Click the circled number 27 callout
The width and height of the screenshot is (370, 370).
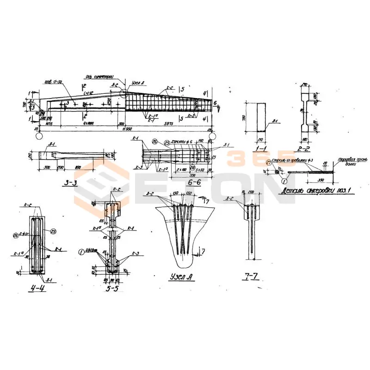point(269,162)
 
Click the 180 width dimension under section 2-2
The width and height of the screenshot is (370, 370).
point(304,139)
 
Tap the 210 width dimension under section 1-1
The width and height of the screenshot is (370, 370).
point(261,138)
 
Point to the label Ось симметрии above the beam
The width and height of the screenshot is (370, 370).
point(97,77)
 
